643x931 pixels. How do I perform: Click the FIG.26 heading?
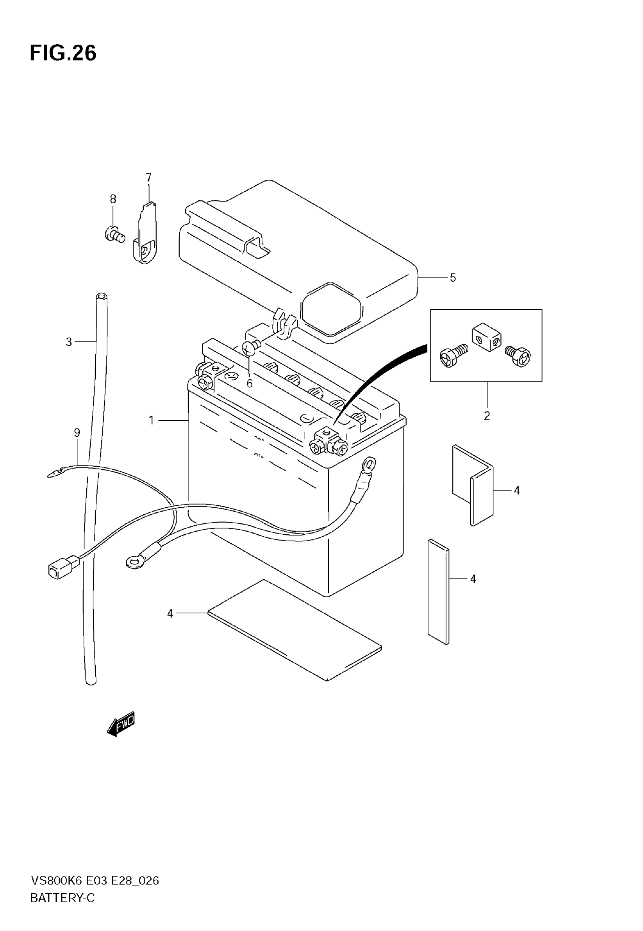coord(63,53)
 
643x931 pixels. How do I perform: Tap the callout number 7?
coord(149,177)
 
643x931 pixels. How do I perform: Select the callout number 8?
coord(113,199)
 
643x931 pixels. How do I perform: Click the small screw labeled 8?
coord(115,234)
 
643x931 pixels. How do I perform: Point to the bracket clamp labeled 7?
coord(146,237)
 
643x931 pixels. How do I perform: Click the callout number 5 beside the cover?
coord(453,278)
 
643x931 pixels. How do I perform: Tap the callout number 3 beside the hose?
coord(69,342)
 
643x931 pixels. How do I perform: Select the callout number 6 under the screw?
coord(249,384)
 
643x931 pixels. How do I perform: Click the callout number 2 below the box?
coord(487,416)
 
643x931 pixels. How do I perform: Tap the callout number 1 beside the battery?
coord(152,421)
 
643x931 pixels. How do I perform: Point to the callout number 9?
coord(77,433)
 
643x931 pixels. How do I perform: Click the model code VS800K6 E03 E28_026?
coord(95,881)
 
